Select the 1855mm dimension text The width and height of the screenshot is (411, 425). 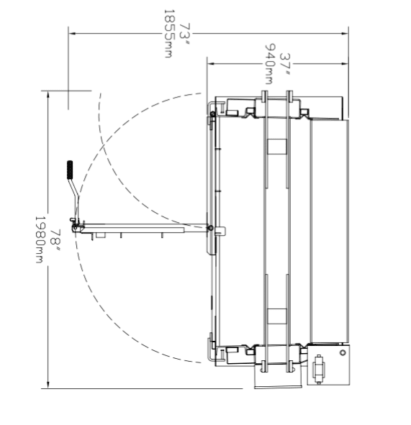point(168,34)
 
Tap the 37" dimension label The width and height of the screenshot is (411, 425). point(285,65)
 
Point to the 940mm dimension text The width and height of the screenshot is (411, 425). point(269,65)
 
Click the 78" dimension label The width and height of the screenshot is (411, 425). point(55,240)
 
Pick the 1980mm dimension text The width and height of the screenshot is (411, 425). point(40,239)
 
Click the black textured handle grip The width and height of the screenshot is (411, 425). point(70,170)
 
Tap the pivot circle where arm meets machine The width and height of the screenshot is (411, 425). point(210,228)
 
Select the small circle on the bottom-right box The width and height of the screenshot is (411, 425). point(343,352)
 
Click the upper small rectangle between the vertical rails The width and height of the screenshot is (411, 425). point(277,147)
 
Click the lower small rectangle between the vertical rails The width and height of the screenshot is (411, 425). point(277,316)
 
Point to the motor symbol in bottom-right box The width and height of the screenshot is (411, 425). point(319,369)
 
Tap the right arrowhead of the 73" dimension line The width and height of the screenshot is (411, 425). point(345,34)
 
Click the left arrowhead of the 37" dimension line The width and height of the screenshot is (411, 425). point(211,64)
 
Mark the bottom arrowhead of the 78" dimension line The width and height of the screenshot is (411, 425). point(48,385)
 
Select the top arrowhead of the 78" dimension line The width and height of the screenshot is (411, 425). point(48,95)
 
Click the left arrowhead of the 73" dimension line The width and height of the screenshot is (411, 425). point(72,34)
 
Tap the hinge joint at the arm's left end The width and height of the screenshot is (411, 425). point(75,229)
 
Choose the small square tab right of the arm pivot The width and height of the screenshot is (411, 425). point(220,232)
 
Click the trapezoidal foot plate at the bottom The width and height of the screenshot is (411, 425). point(279,377)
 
